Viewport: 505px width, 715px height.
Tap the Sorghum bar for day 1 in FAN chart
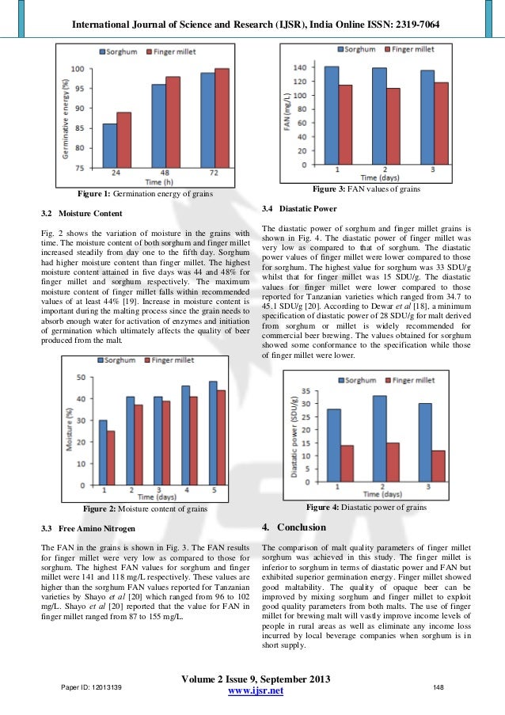(332, 116)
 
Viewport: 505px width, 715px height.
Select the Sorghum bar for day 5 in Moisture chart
(213, 432)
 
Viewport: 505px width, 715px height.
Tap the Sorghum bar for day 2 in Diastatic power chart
(379, 439)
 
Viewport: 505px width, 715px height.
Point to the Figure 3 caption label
(366, 189)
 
